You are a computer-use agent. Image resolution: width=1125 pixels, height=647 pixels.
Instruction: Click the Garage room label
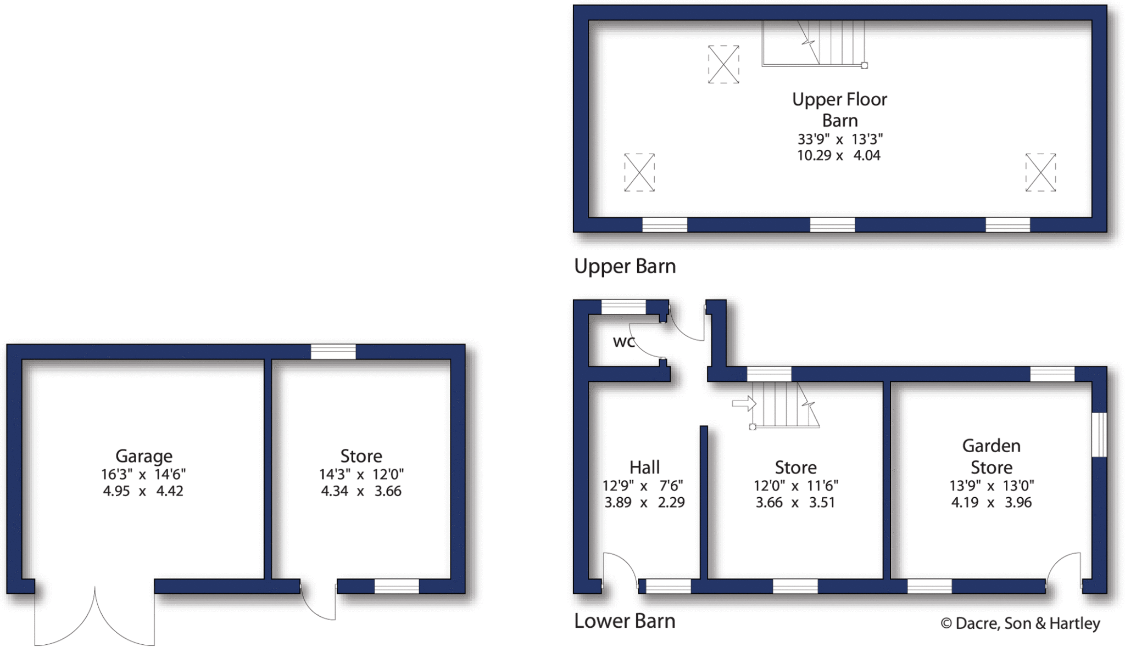(144, 456)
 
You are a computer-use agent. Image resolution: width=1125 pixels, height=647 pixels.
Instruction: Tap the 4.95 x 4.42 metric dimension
(143, 491)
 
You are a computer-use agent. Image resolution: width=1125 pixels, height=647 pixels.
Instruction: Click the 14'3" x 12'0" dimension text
(361, 474)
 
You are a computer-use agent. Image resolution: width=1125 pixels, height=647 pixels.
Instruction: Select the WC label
(623, 342)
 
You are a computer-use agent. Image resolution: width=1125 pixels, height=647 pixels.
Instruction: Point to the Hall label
(644, 468)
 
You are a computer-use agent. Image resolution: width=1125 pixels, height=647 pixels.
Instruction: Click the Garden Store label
(991, 457)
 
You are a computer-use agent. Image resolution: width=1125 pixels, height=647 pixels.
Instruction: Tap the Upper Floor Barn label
(839, 110)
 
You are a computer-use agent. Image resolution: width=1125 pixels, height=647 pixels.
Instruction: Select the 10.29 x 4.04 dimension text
(838, 156)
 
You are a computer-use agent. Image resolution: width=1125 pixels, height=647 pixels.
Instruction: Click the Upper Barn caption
(625, 267)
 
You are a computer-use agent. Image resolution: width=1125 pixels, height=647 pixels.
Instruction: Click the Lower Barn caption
(625, 621)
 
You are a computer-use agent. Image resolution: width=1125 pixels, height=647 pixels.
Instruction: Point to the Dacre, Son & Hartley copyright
(1020, 624)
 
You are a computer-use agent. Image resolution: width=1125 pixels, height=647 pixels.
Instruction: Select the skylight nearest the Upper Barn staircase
(723, 64)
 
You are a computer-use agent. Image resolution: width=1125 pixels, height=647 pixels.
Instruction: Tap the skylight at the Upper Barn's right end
(1040, 172)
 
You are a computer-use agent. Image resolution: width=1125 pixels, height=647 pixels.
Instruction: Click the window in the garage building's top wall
(333, 352)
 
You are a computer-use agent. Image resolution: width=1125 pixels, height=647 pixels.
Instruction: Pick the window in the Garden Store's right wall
(1099, 435)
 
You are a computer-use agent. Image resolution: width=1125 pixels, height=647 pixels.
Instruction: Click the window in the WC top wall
(623, 307)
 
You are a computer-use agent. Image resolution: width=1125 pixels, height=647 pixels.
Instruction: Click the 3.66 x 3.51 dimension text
(795, 503)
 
